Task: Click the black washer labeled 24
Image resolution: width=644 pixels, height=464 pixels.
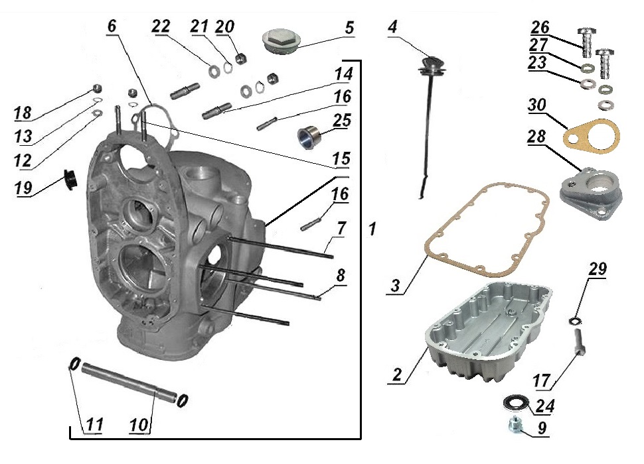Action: (514, 402)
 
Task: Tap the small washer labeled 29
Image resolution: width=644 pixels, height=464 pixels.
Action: (572, 321)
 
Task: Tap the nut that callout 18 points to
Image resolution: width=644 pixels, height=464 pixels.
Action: (96, 89)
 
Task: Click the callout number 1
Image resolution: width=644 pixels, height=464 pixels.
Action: (372, 229)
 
